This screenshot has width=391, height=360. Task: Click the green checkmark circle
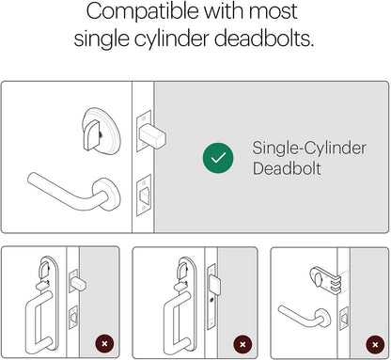click(218, 158)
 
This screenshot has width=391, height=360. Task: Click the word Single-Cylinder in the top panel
click(309, 149)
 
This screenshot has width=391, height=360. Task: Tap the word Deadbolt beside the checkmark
click(287, 168)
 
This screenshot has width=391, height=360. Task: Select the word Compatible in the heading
click(143, 12)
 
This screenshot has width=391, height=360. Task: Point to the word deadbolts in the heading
click(264, 39)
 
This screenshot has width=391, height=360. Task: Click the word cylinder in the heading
click(171, 39)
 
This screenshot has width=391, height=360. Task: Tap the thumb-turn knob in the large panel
click(91, 135)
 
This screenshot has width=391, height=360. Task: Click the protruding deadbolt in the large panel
click(152, 136)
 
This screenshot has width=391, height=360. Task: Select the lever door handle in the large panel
click(73, 191)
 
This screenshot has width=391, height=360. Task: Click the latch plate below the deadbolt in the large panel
click(144, 196)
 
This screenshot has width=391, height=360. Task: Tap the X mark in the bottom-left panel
click(104, 343)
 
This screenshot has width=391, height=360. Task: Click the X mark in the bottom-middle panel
click(242, 344)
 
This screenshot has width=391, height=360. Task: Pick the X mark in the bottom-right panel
click(375, 345)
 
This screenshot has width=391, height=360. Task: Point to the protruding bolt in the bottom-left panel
click(78, 285)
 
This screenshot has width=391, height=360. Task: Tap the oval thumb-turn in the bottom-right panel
click(317, 279)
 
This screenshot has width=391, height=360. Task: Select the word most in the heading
click(272, 12)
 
